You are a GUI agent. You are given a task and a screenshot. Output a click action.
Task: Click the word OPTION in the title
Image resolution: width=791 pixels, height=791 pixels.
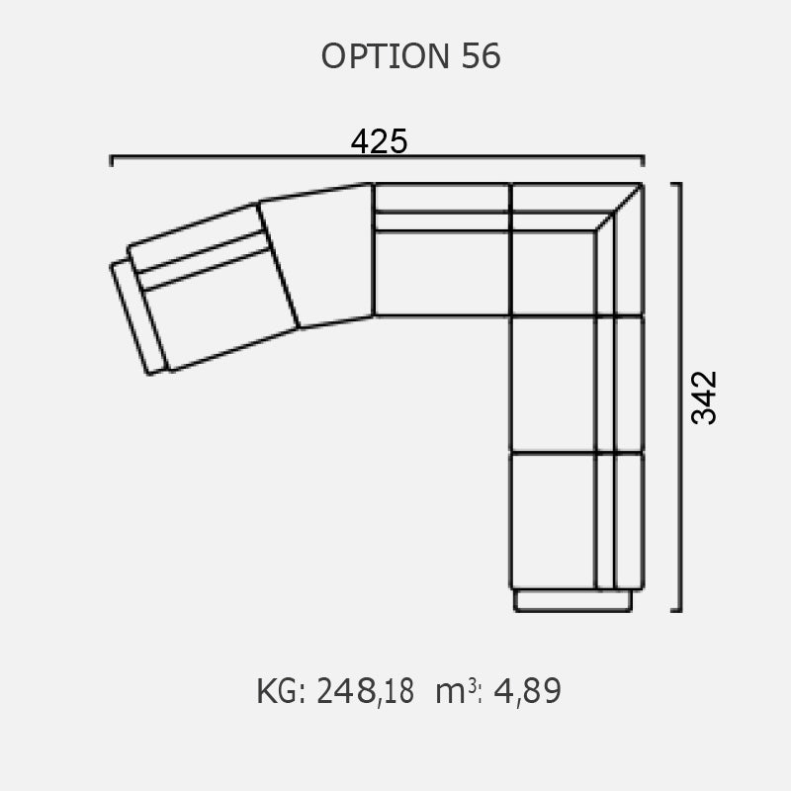[385, 56]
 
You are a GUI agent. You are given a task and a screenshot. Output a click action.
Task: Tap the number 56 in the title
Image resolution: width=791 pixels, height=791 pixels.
[481, 56]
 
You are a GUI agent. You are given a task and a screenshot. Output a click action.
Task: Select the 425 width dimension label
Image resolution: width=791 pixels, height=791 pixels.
[379, 141]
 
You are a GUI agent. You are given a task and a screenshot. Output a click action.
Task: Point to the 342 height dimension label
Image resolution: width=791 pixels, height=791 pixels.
[704, 397]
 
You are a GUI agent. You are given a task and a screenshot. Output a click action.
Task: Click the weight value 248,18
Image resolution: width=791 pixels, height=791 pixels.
[365, 691]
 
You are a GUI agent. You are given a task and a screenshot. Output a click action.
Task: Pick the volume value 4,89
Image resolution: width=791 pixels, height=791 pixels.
[527, 691]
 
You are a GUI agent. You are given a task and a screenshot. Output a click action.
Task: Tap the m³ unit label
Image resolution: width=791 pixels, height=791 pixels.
[456, 691]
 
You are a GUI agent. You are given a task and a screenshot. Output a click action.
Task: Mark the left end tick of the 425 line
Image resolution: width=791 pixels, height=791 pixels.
[112, 161]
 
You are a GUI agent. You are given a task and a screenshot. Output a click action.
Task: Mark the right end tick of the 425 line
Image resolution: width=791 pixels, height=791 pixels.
[643, 161]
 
